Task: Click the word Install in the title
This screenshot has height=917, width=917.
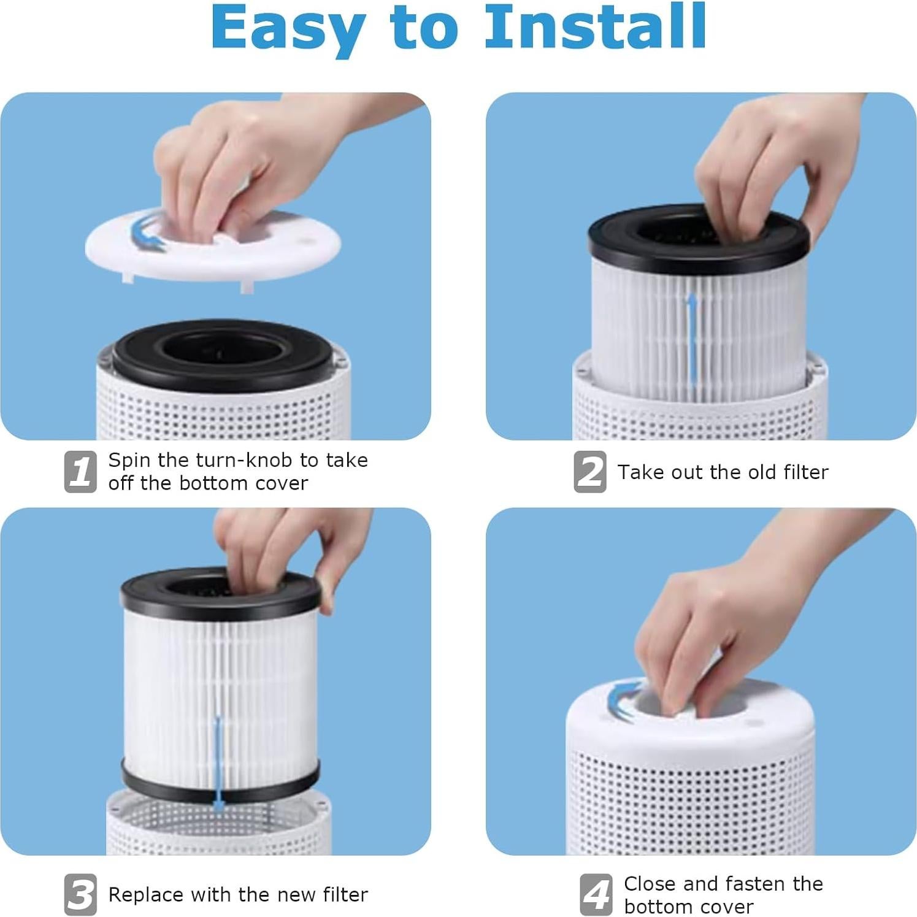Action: (595, 28)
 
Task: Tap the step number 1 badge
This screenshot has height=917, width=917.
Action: (80, 472)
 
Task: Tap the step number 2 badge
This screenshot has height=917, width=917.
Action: (590, 472)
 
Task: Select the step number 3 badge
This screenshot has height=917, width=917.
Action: (80, 894)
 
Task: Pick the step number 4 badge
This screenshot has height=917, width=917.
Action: (596, 894)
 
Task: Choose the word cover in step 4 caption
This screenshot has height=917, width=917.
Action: (730, 907)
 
